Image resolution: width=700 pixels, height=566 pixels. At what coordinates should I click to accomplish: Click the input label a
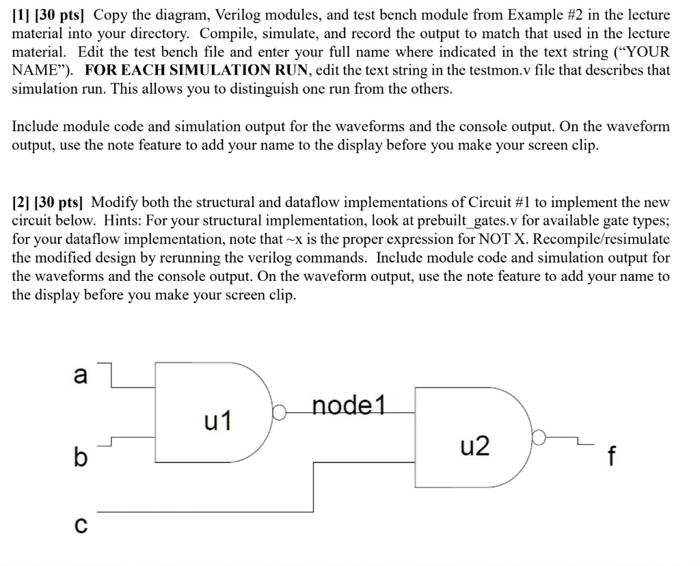click(x=80, y=375)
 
